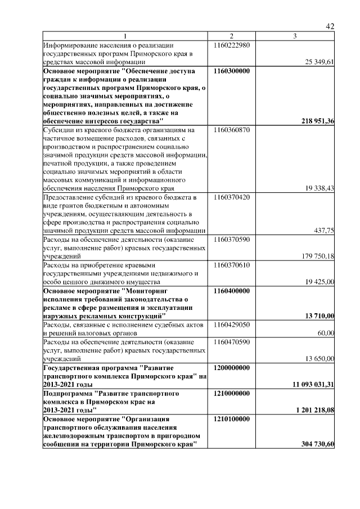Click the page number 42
(x=330, y=26)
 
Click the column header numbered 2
(x=232, y=37)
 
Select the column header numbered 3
(x=295, y=37)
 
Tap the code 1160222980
(x=232, y=45)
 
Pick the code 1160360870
(x=232, y=130)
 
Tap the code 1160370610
(x=232, y=264)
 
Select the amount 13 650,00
(x=319, y=358)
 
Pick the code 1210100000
(x=232, y=419)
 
